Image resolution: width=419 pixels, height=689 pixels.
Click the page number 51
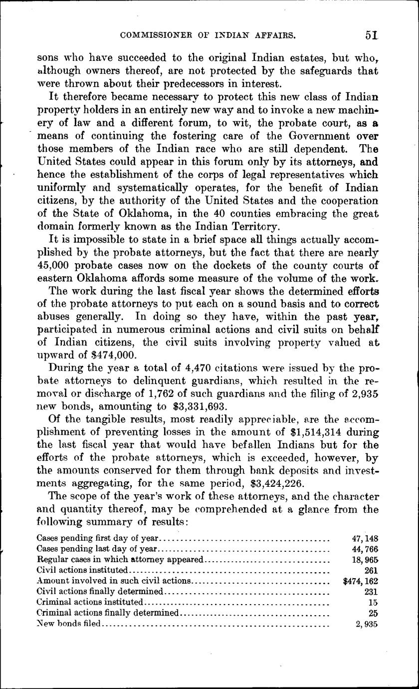(x=371, y=35)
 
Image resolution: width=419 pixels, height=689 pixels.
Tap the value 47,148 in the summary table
(x=365, y=538)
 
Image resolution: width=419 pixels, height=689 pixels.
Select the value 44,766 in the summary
(x=365, y=549)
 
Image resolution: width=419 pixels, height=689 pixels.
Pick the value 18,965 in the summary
(x=365, y=559)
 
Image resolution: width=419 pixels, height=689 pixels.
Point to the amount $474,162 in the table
(x=361, y=581)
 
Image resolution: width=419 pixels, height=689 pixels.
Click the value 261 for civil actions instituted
(x=371, y=570)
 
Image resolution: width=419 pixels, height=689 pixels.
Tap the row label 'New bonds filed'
(x=69, y=623)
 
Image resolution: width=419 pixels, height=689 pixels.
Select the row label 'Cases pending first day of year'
(x=98, y=538)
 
